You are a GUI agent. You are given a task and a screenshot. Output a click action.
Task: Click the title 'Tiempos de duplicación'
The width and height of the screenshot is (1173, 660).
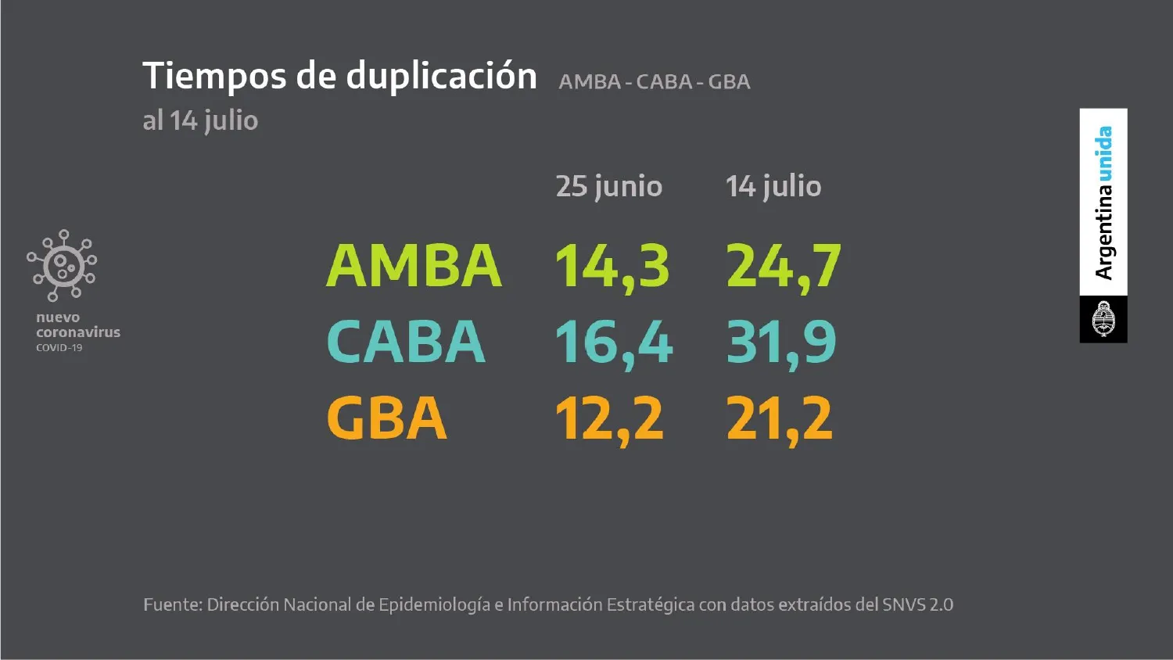[x=339, y=77]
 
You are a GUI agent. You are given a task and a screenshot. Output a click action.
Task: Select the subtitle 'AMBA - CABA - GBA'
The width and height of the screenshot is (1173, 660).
[x=654, y=82]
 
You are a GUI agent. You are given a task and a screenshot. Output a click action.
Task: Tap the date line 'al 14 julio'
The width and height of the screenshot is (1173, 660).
[x=200, y=120]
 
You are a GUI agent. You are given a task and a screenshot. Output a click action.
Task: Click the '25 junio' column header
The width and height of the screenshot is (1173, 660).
[x=608, y=186]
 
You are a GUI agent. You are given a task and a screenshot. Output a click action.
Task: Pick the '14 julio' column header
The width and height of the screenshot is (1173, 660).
[x=773, y=186]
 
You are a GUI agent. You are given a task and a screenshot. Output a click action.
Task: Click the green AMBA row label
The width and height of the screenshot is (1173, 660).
[x=414, y=266]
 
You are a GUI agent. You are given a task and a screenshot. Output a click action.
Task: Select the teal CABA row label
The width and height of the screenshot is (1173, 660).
[x=406, y=342]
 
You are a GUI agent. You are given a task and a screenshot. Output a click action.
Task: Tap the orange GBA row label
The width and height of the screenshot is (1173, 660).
[x=386, y=418]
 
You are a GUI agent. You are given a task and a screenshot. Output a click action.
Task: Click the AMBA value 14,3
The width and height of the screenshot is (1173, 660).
[x=612, y=267]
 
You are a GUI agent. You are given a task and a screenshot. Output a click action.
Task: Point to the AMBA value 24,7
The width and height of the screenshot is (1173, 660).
[x=783, y=267]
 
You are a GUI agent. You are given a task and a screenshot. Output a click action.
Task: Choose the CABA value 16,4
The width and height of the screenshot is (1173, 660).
[x=613, y=343]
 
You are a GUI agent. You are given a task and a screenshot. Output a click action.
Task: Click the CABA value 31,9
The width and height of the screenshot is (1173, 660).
[x=780, y=343]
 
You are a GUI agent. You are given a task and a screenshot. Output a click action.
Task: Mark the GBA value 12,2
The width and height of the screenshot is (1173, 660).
[x=608, y=419]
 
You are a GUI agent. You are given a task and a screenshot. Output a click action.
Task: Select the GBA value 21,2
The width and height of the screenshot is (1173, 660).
[x=779, y=419]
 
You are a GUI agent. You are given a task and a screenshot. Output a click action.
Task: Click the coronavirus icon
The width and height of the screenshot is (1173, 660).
[x=62, y=265]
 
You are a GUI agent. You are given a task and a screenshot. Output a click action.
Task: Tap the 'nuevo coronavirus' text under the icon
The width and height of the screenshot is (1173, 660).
[x=77, y=325]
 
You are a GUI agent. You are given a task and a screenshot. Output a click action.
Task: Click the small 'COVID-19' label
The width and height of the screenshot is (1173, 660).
[x=59, y=348]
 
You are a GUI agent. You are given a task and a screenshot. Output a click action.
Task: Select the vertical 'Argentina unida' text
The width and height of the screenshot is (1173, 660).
[x=1103, y=203]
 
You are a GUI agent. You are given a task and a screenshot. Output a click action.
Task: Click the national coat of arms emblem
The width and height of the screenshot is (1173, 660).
[x=1103, y=319]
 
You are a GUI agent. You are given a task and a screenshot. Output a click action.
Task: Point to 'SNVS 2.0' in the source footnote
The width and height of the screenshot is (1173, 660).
[x=917, y=604]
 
